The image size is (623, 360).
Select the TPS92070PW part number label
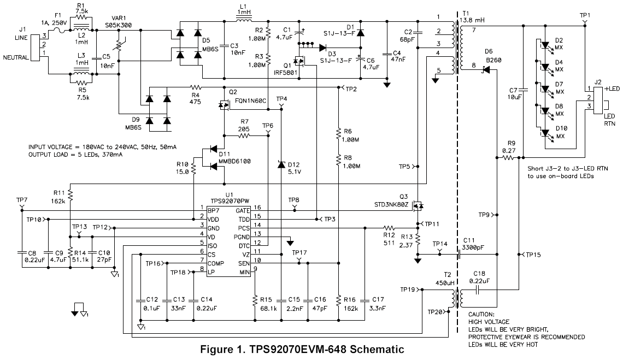coord(230,202)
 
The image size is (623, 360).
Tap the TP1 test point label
coord(585,15)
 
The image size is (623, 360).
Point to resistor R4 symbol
coord(195,87)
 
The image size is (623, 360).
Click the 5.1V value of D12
coord(294,172)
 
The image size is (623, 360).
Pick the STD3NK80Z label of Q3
coord(391,205)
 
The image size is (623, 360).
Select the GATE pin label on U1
coord(242,211)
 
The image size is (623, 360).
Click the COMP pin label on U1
coord(216,263)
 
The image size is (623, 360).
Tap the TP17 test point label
coord(299,253)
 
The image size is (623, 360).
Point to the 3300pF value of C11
coord(473,247)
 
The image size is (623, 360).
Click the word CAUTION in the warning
coord(481,314)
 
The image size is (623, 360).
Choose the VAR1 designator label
coord(119,18)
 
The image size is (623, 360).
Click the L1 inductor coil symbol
coord(244,19)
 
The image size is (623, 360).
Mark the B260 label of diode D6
coord(493,61)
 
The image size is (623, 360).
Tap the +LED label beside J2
coord(612,88)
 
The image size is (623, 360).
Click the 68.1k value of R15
coord(268,308)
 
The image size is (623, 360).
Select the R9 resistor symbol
coord(508,158)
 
